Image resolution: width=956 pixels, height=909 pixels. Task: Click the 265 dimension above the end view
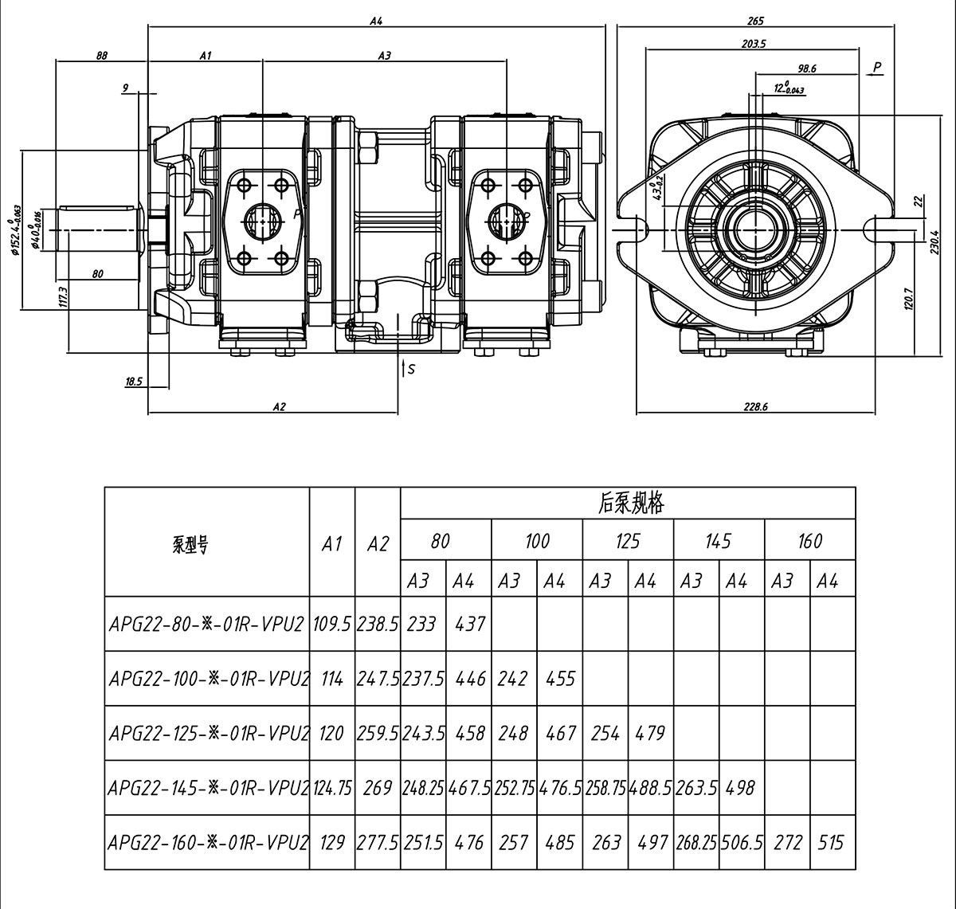pos(756,21)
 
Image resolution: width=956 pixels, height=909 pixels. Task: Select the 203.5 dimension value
pos(753,45)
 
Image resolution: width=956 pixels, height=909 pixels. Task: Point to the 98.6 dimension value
pos(806,69)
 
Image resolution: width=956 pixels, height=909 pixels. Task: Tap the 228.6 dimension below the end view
pos(755,406)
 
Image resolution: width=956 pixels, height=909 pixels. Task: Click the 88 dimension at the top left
pos(101,56)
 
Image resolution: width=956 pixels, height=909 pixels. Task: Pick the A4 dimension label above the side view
pos(376,22)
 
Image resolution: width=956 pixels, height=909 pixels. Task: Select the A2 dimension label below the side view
pos(279,406)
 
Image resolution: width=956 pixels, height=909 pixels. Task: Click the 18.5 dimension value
pos(134,382)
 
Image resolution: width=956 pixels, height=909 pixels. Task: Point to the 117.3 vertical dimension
pos(63,298)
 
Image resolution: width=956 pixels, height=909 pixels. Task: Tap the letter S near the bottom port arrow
pos(411,369)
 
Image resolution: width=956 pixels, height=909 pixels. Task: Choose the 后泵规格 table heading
pos(629,503)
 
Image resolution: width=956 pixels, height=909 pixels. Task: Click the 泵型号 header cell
pos(190,546)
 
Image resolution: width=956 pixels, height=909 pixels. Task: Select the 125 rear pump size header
pos(628,543)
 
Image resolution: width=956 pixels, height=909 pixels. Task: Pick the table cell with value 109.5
pos(332,624)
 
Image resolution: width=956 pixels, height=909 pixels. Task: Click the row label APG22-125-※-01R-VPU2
pos(208,733)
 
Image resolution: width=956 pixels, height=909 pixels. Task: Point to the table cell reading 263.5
pos(696,788)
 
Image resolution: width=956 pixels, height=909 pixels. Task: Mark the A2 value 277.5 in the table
pos(378,842)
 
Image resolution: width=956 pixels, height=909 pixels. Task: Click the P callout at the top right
pos(877,67)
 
